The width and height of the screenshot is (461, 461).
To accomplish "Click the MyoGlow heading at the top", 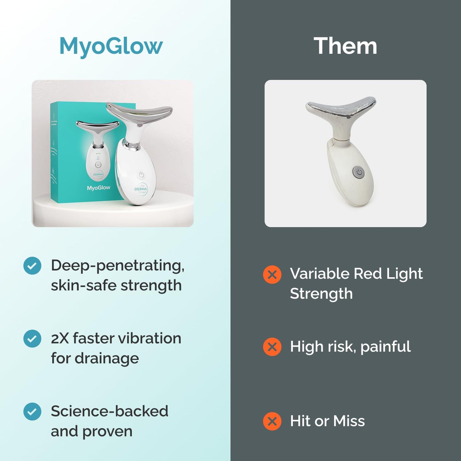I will point(111,46).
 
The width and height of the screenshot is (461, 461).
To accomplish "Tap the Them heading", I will point(346,46).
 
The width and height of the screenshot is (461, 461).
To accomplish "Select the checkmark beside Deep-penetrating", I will point(32,265).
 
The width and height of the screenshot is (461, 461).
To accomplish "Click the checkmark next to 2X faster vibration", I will point(32,338).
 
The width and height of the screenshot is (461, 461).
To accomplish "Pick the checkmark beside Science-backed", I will point(32,412).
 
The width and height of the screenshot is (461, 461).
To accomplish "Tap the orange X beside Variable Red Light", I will point(272,274).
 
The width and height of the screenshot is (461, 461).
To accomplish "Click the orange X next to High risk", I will point(272,347).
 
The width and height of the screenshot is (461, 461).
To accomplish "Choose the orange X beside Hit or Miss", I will point(272,421).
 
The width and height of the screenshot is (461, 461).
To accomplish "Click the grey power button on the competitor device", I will point(359,173).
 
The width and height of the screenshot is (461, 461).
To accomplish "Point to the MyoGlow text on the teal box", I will point(99,188).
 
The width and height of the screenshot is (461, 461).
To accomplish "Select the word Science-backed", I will point(109,411).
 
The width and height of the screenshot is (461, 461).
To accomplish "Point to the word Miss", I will point(349,421).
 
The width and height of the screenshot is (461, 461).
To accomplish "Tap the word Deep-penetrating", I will point(117,265).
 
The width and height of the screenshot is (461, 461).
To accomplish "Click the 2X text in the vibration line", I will point(60,338).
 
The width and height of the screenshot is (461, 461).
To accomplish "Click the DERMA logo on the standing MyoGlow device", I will point(141,189).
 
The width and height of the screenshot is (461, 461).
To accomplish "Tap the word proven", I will point(107,432).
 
